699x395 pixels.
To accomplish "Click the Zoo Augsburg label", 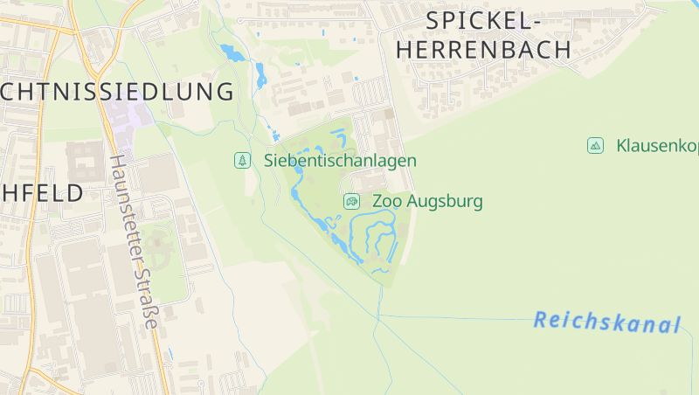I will coord(427,201).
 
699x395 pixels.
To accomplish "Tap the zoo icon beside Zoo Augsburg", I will coord(351,202).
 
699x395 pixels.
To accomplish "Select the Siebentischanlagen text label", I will coord(340,161).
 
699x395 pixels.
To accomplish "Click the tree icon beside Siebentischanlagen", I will coord(242,161).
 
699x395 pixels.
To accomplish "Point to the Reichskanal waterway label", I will coord(606,322).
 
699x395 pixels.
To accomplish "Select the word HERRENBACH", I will coord(484,51).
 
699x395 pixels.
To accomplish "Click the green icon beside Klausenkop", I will coord(596,145).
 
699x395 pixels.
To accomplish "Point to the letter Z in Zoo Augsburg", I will coord(378,201).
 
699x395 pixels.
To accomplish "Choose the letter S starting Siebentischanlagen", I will coord(269,161).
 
